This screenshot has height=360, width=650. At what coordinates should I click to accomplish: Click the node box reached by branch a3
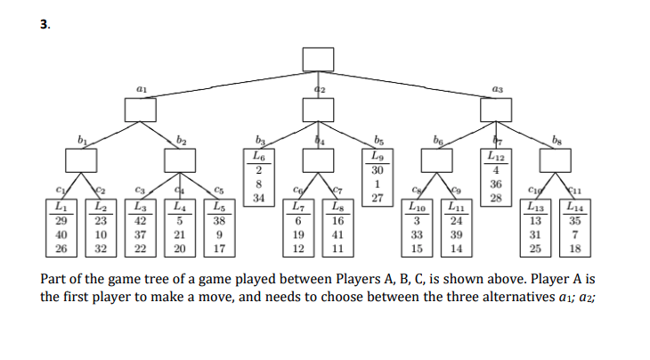[495, 110]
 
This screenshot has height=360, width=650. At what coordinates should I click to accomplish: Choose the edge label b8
[557, 140]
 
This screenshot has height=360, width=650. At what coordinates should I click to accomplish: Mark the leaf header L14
[575, 208]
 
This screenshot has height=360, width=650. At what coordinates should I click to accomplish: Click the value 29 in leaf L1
[61, 220]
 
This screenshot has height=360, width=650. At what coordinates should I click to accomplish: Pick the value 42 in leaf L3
[140, 220]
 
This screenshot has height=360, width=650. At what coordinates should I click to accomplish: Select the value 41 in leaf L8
[337, 234]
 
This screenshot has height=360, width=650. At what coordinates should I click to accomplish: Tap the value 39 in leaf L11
[456, 234]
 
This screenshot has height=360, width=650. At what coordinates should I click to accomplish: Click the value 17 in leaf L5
[219, 249]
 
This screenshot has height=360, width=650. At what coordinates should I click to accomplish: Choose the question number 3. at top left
[45, 24]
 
